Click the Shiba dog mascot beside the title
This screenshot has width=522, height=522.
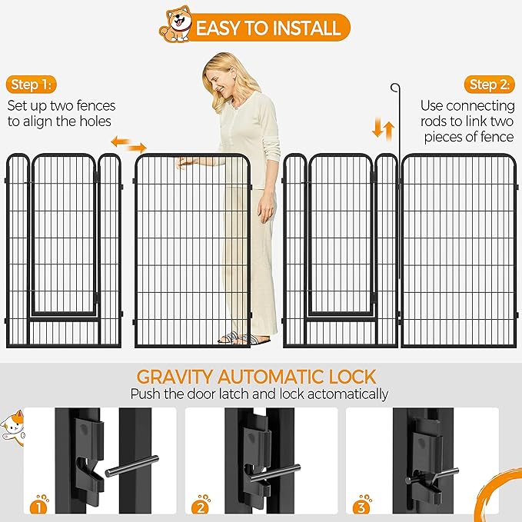(175, 24)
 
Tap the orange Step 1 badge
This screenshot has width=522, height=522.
(32, 85)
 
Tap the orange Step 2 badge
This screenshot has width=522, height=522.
(490, 85)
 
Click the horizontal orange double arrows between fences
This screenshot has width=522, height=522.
(129, 145)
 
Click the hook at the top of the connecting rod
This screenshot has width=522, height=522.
(395, 88)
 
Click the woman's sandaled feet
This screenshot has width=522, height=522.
(244, 338)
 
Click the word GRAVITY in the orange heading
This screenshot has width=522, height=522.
(174, 377)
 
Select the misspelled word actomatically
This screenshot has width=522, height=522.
(348, 394)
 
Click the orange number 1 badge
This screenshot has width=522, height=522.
(39, 507)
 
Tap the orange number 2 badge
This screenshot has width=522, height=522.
(201, 507)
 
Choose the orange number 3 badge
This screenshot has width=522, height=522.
(362, 507)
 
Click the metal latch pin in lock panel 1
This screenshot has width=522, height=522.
(131, 466)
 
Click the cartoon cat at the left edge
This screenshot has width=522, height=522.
(12, 427)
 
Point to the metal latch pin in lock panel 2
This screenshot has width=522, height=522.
(275, 473)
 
